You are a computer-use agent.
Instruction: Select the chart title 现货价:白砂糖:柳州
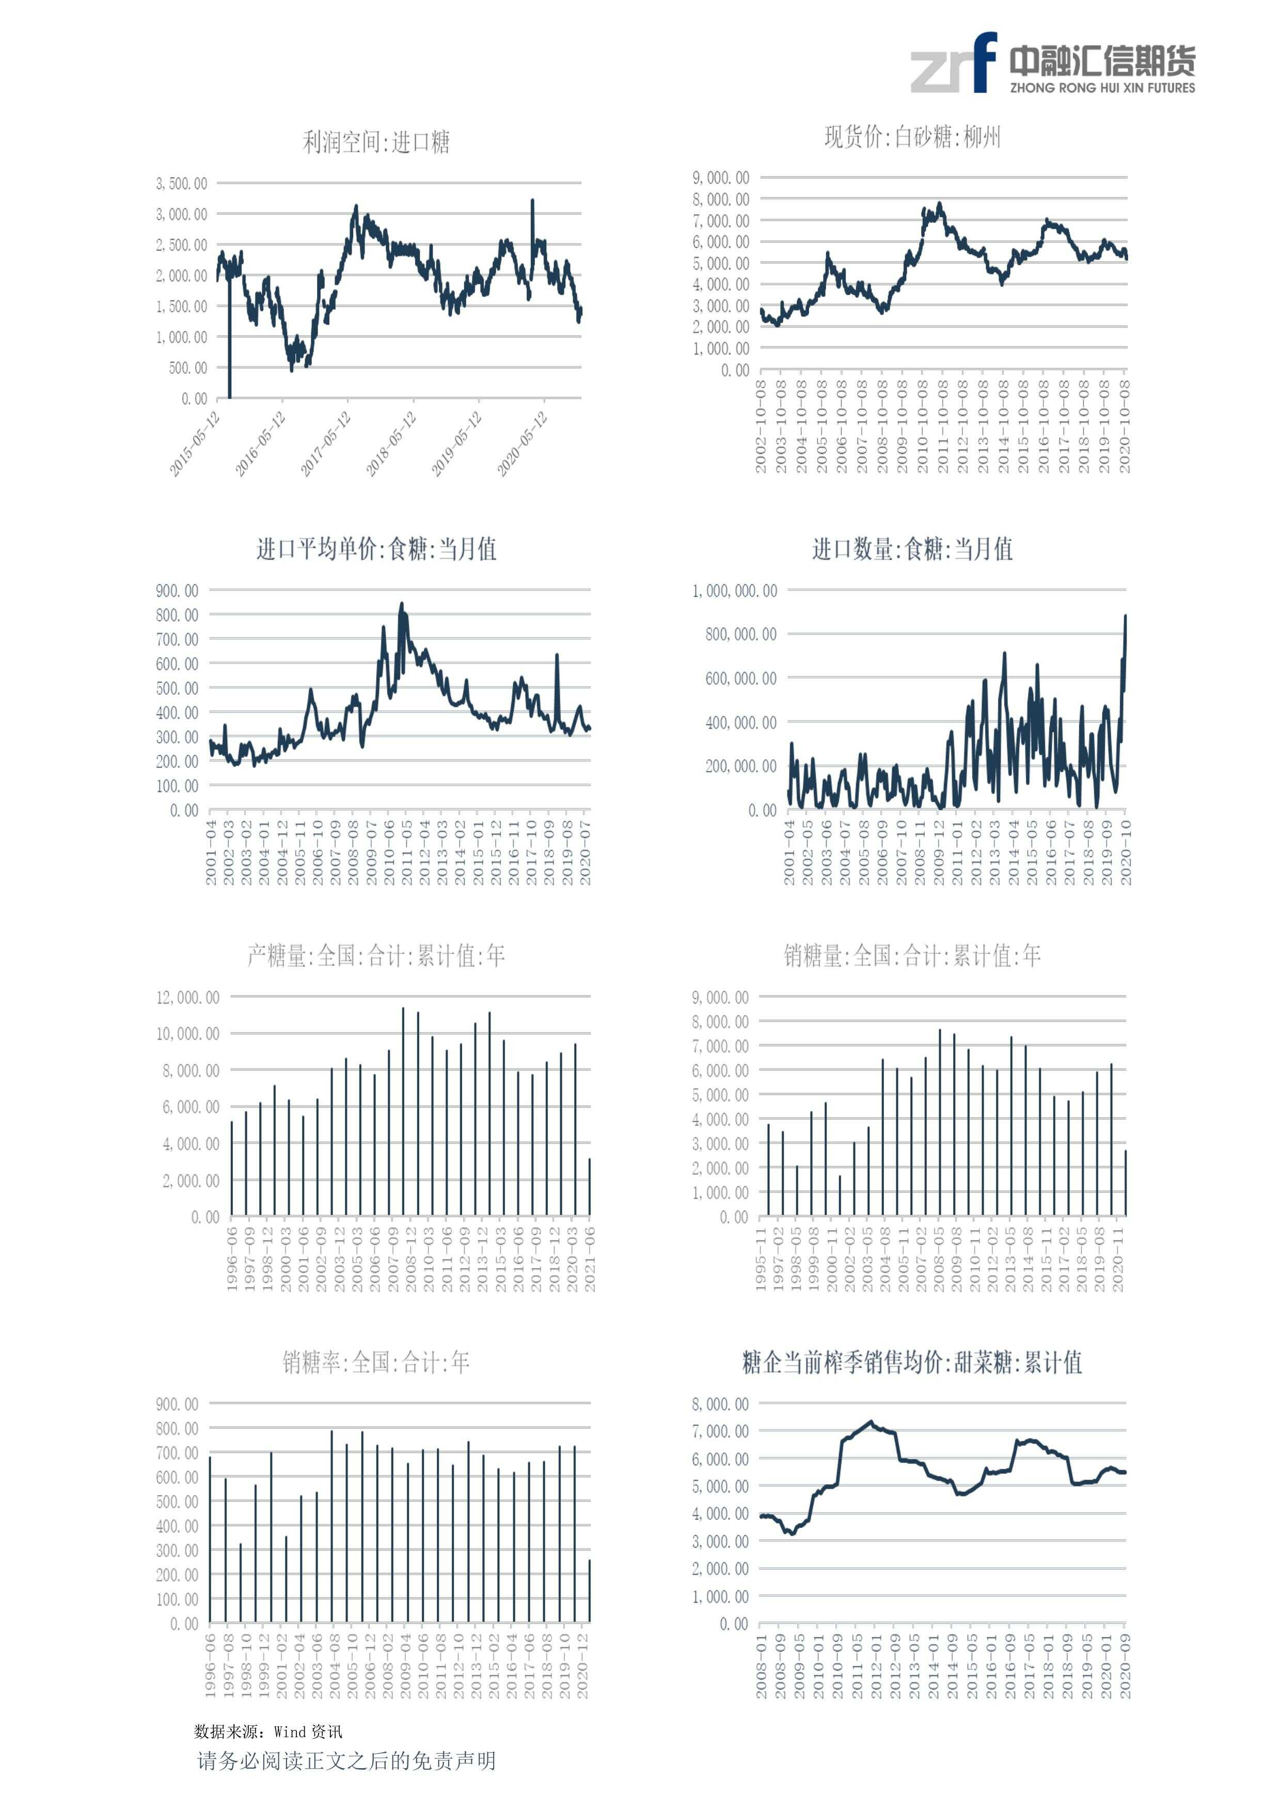[x=913, y=137]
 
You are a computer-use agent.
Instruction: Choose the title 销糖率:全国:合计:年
[x=376, y=1362]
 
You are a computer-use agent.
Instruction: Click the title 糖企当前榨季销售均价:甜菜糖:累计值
[x=913, y=1362]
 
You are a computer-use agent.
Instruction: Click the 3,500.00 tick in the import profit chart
[x=181, y=184]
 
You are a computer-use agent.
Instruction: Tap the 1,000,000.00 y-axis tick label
[x=734, y=591]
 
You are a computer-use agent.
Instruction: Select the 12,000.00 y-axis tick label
[x=188, y=998]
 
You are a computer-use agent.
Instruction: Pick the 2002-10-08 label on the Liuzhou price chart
[x=761, y=426]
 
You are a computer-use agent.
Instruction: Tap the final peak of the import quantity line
[x=1125, y=617]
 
